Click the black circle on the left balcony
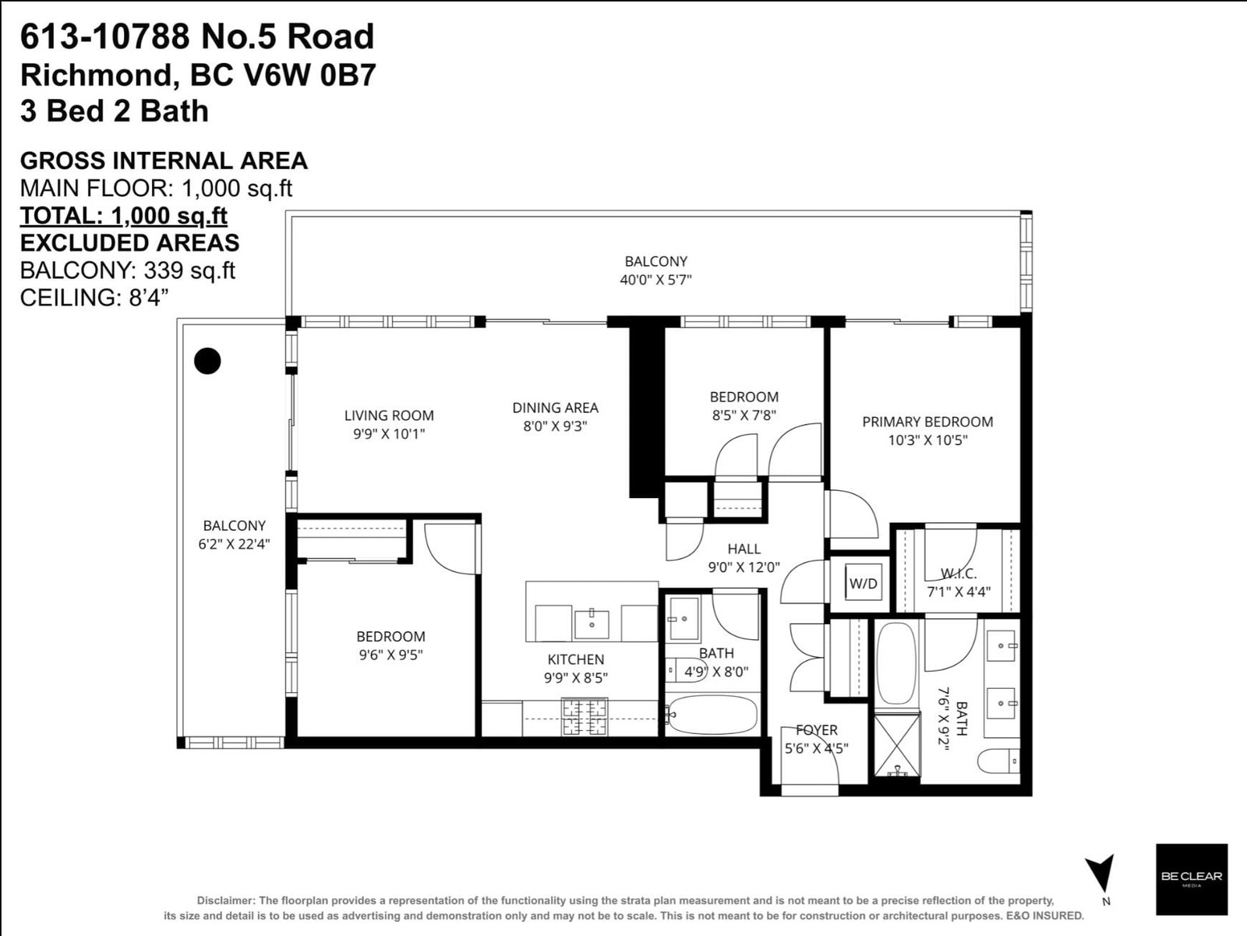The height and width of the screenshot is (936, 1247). [x=207, y=361]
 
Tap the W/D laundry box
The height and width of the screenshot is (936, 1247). [x=863, y=583]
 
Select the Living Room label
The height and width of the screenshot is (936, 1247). [x=389, y=415]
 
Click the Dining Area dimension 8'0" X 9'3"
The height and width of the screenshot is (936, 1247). [x=555, y=426]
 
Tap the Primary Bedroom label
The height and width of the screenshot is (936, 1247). [x=927, y=422]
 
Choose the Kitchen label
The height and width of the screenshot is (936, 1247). [x=575, y=659]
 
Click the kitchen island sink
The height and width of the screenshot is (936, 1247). [x=592, y=624]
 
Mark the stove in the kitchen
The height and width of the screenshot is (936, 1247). [x=585, y=716]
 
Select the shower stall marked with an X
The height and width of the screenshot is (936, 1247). [x=896, y=744]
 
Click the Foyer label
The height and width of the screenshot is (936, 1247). [x=816, y=729]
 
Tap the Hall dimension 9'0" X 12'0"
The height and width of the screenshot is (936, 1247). [x=744, y=567]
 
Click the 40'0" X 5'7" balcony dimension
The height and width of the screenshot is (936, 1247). [x=655, y=280]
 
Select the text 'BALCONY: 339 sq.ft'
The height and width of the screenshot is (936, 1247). [x=127, y=271]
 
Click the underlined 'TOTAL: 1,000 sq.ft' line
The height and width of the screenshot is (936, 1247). [x=124, y=216]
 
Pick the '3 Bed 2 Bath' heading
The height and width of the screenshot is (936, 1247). [x=115, y=111]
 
